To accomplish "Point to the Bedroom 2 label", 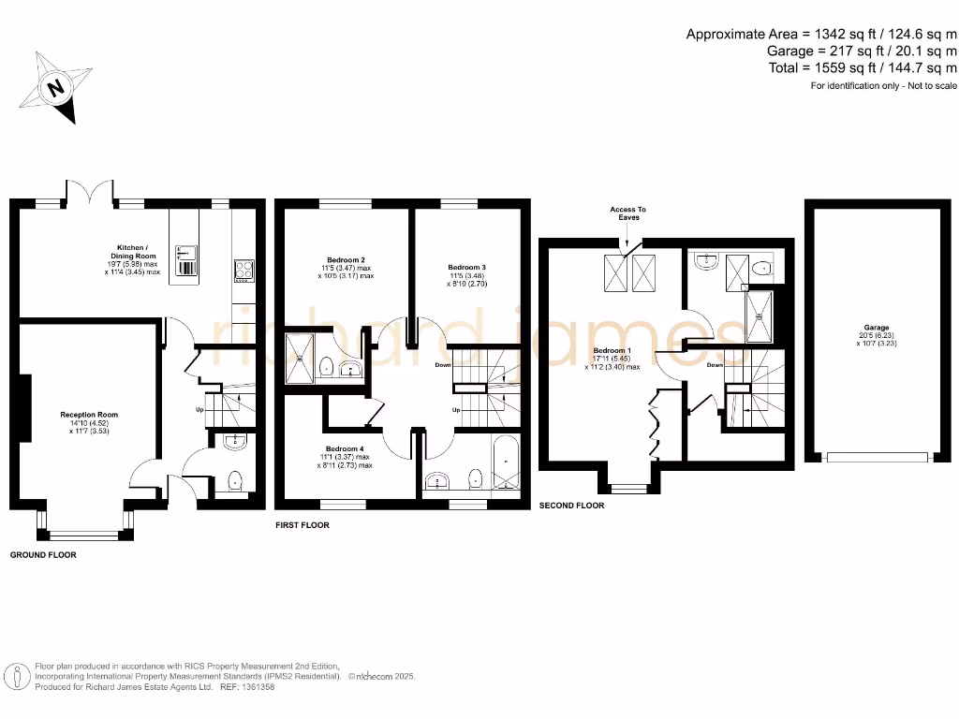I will click(346, 267).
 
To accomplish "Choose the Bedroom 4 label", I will click(346, 456).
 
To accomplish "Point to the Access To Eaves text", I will click(628, 213).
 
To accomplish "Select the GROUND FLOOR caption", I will click(43, 555).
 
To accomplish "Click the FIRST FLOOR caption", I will click(302, 525).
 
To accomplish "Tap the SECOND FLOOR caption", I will click(571, 506).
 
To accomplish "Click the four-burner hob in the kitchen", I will click(244, 270).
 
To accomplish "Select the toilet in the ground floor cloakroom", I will click(234, 481).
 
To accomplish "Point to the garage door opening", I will click(877, 458).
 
